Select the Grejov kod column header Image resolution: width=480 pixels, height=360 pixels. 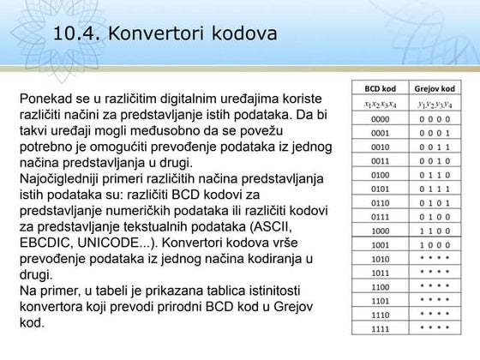coord(435,88)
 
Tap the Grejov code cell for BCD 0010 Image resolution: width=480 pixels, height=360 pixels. coord(435,147)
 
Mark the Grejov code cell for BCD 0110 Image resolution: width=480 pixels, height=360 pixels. coord(435,202)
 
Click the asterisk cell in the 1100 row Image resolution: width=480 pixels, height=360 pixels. coord(435,286)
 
